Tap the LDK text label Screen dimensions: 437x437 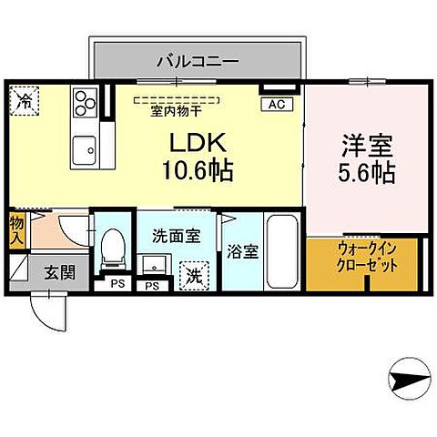click(192, 143)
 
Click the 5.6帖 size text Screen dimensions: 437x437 click(364, 173)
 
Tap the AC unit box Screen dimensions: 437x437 click(276, 105)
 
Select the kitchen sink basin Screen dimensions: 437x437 click(86, 147)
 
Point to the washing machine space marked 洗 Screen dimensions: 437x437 click(194, 273)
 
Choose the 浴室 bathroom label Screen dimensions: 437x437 click(242, 251)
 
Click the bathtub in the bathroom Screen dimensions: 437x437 click(282, 251)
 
